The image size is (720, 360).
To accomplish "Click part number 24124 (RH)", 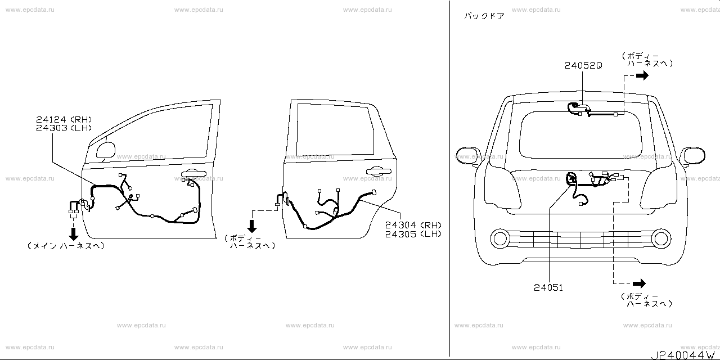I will click(64, 119).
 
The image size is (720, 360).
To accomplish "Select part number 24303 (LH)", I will click(64, 128).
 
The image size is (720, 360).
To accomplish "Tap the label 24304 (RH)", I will click(413, 224).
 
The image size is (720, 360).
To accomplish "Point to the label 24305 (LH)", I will click(413, 233).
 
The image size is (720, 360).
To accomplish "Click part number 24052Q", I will click(583, 65).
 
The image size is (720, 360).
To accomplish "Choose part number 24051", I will click(548, 287).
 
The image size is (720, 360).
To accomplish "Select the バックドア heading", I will click(484, 16).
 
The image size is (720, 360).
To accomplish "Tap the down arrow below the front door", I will click(73, 233).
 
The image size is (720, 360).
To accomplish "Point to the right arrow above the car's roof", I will click(642, 76).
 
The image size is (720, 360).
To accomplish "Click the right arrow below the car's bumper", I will click(639, 283).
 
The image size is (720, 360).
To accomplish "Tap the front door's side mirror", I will click(106, 150).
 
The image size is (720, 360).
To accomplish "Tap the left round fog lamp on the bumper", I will click(499, 238).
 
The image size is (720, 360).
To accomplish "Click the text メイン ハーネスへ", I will click(66, 246).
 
